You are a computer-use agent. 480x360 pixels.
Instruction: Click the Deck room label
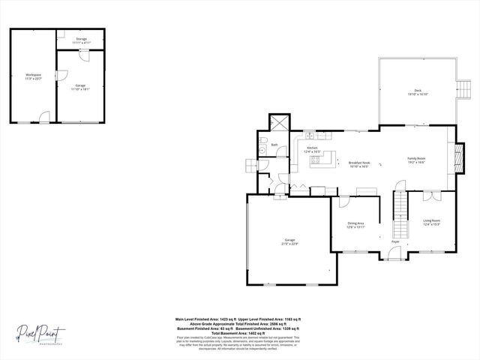[x=417, y=90]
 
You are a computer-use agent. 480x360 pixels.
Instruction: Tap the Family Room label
[x=416, y=158]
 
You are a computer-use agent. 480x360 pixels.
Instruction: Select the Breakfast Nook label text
[x=358, y=163]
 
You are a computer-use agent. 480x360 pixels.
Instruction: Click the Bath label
[x=274, y=145]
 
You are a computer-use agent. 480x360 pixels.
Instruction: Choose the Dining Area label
[x=355, y=223]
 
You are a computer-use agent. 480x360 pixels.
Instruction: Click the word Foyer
[x=395, y=241]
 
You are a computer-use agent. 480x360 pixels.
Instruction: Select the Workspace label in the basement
[x=33, y=75]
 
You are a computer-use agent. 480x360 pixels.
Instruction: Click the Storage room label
[x=81, y=39]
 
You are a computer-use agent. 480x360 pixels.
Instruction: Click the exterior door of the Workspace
[x=44, y=118]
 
